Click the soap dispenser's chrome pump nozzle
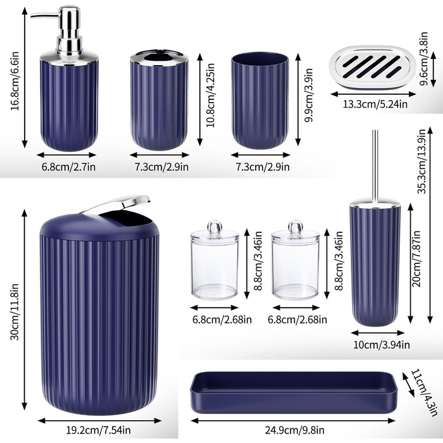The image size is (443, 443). click(45, 16)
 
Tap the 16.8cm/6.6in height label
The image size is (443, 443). click(15, 81)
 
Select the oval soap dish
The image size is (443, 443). click(373, 67)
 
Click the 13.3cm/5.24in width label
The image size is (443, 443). click(375, 104)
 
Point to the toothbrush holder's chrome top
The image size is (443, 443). click(159, 58)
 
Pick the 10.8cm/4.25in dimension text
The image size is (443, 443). click(210, 95)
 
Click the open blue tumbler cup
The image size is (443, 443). click(260, 100)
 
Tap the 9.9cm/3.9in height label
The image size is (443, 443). click(309, 95)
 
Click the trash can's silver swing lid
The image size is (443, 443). click(115, 204)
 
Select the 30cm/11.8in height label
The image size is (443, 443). click(15, 311)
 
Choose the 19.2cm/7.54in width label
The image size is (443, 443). click(98, 430)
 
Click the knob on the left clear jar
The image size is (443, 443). click(215, 226)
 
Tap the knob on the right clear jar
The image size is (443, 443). click(296, 226)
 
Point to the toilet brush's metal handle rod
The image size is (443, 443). click(375, 166)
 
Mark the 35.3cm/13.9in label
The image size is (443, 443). click(421, 161)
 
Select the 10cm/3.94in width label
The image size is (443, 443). click(382, 345)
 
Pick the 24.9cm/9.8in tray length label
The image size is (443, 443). click(294, 430)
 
